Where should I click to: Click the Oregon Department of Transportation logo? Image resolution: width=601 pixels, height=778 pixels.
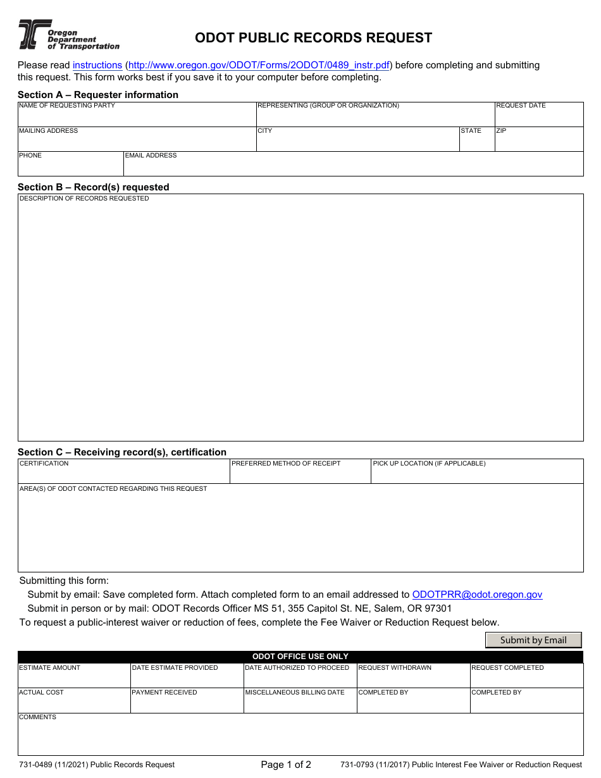68,35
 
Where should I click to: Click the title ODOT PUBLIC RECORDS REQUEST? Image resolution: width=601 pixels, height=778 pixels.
313,38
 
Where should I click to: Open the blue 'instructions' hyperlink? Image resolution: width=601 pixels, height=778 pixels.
97,65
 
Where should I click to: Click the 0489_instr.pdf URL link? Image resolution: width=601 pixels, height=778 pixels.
259,65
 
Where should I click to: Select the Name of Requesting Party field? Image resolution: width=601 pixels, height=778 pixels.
136,117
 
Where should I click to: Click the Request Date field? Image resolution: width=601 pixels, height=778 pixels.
538,117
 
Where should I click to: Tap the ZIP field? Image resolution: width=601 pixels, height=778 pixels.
538,142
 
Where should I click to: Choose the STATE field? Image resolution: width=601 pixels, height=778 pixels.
476,142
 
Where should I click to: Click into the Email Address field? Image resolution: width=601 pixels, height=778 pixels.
352,166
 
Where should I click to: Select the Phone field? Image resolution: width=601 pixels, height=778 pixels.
70,166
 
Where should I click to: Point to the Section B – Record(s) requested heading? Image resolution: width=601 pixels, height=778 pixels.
94,187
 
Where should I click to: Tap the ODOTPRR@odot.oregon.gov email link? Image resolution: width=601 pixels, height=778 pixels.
477,595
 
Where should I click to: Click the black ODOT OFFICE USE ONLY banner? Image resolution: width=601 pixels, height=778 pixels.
300,657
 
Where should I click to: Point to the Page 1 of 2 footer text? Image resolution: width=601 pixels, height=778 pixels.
286,765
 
